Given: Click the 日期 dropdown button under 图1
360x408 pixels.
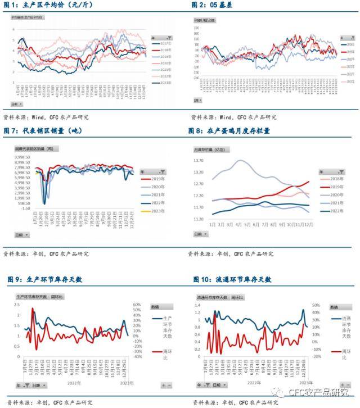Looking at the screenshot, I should pos(17,104).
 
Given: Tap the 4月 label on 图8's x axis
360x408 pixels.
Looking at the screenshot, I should pos(240,224).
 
